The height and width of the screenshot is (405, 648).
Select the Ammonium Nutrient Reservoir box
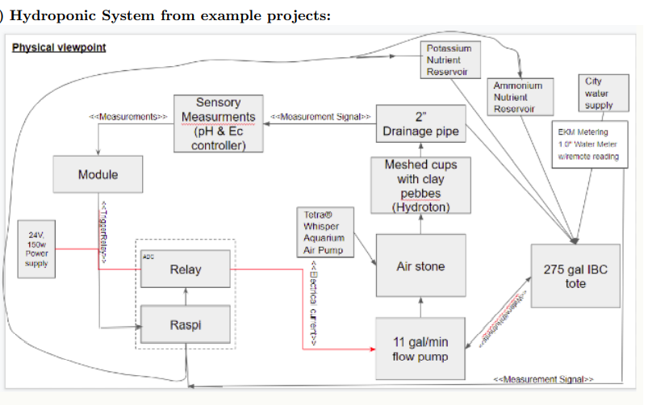517,96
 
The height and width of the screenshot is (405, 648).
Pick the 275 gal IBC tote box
575,276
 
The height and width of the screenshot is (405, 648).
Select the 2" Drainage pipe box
420,123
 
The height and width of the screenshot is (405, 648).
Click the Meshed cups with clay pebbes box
420,186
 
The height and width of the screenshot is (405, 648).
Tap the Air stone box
420,265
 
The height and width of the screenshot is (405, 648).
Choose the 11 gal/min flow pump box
420,349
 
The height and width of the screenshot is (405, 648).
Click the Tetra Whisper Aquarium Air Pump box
324,232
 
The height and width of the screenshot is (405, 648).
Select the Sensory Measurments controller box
218,123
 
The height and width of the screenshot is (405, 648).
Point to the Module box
98,175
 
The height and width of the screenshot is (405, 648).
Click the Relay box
186,269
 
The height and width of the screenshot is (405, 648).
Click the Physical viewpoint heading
59,47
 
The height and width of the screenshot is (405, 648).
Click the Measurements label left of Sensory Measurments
132,117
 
